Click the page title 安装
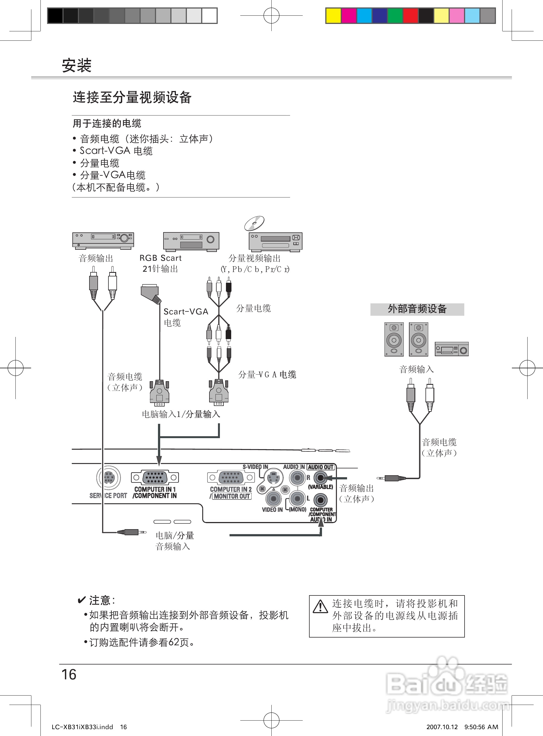click(77, 65)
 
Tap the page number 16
click(69, 674)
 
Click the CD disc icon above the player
click(254, 223)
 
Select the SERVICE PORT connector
click(108, 477)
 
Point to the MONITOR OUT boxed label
click(232, 496)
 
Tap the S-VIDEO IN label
click(255, 467)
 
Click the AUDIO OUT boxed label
click(320, 467)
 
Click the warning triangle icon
click(320, 606)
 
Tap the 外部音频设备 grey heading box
click(417, 309)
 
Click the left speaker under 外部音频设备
click(394, 339)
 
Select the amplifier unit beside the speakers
click(452, 349)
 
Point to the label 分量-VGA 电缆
click(267, 374)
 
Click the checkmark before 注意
click(81, 600)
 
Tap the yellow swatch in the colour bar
click(333, 16)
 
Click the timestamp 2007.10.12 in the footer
click(442, 727)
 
